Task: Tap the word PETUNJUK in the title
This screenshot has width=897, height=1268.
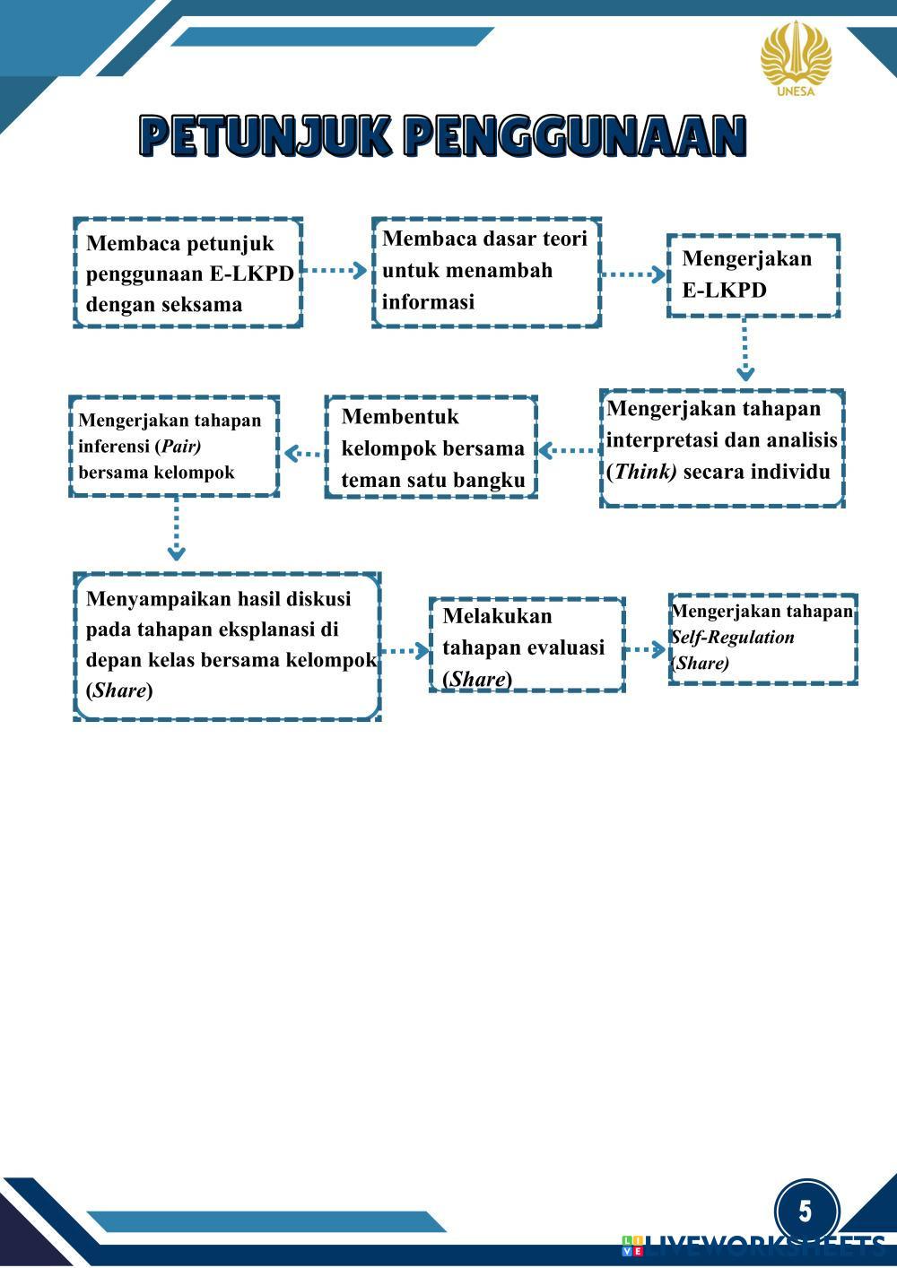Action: click(266, 136)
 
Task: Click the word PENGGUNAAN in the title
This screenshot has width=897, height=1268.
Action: click(574, 136)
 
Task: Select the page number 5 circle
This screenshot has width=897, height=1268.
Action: click(806, 1211)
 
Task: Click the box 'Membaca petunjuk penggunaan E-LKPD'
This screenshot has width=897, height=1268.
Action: click(187, 273)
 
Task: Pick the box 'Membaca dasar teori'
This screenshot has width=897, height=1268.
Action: click(486, 271)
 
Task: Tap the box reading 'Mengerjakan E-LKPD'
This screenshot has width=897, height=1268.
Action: click(753, 275)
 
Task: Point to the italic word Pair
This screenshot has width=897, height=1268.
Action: click(180, 446)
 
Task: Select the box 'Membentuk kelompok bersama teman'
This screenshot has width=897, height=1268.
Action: click(431, 447)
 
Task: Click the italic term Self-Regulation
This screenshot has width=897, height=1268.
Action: click(734, 638)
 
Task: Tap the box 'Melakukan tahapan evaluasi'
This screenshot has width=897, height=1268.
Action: click(527, 646)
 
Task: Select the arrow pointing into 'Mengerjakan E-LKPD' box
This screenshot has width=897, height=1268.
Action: click(634, 274)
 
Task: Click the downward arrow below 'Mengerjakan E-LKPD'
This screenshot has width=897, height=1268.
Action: click(744, 352)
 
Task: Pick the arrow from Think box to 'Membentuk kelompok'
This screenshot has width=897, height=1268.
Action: click(568, 450)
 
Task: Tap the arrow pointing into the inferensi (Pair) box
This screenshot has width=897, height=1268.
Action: click(302, 453)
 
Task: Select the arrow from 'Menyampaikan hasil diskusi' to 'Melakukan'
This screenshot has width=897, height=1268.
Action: click(405, 650)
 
